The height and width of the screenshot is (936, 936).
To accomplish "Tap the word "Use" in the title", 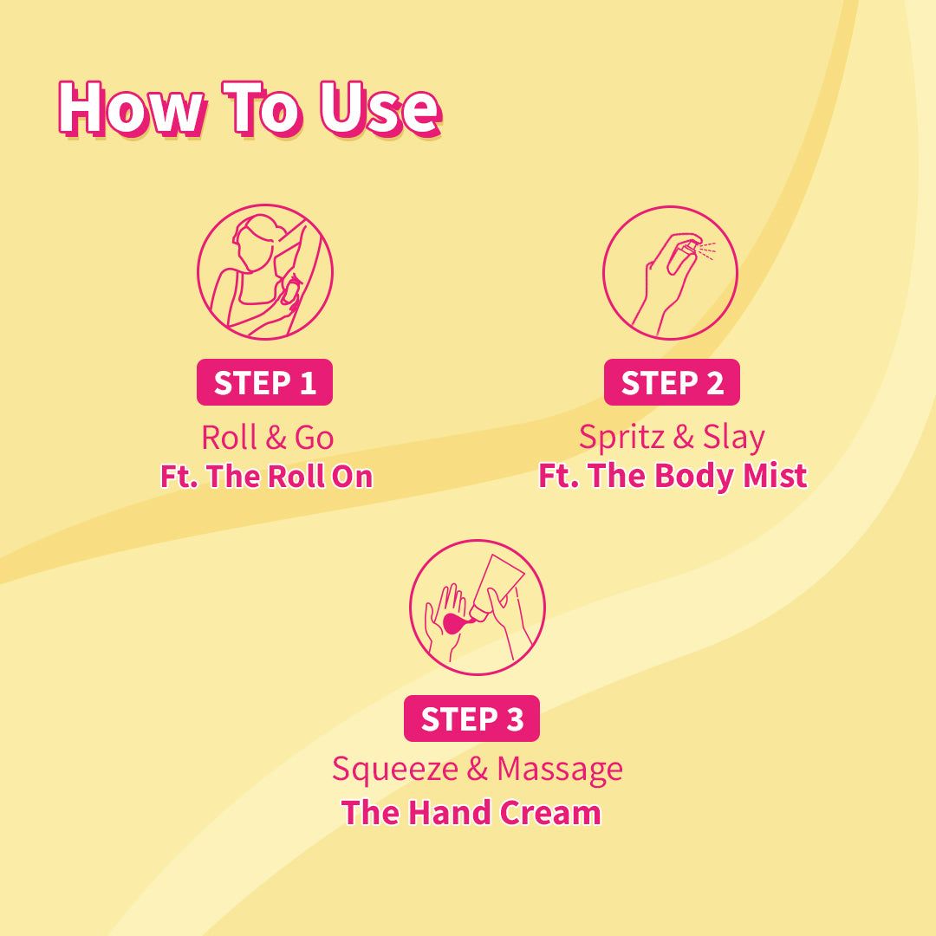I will coord(380,109).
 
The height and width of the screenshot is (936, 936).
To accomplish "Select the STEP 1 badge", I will coord(264,382).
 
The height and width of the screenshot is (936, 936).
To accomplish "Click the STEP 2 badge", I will coord(672,382).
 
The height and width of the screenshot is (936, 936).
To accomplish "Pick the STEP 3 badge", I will coord(471,718).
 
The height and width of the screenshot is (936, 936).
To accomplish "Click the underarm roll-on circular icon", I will coord(265,273).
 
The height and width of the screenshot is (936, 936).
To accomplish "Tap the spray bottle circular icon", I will coord(670,273).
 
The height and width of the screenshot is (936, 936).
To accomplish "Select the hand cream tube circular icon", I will coord(477,607).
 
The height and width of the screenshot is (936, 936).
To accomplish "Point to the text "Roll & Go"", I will coord(267,438).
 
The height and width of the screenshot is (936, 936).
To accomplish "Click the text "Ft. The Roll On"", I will coord(266,477).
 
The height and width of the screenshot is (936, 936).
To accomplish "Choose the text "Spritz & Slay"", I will coord(672,438).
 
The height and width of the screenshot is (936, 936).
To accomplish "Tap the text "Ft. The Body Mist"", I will coord(673,477).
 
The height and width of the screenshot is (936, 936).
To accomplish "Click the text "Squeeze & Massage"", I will coord(477,769).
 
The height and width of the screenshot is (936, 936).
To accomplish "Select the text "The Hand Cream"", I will coord(471,813).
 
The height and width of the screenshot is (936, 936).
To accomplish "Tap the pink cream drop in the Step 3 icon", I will coord(453,622).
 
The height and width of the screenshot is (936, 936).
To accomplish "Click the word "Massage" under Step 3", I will coord(560,769).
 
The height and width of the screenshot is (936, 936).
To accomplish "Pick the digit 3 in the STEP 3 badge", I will coord(515,719).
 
